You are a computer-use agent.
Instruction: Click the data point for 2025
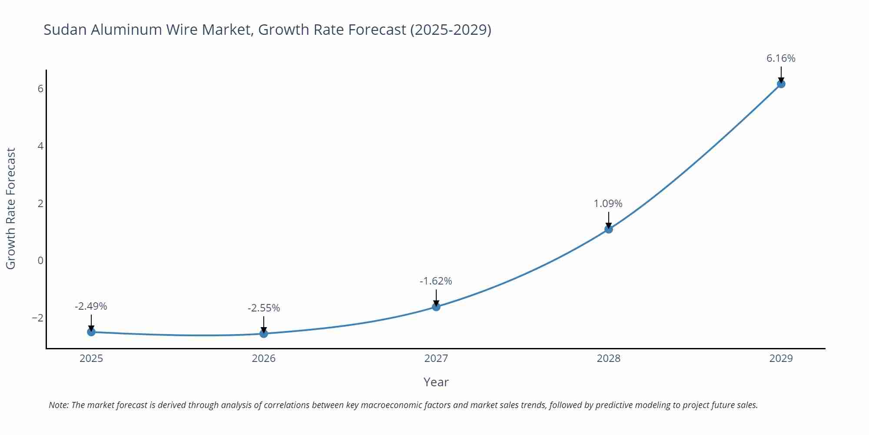pos(91,332)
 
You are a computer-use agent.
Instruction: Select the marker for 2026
pos(264,334)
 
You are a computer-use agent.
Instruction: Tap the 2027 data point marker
pos(436,307)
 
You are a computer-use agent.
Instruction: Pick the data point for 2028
pos(609,229)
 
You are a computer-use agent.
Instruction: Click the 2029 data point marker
pos(781,84)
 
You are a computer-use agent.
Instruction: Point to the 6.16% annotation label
pos(781,58)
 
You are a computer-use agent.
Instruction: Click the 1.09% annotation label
pos(608,204)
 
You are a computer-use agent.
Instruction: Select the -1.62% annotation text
pos(436,281)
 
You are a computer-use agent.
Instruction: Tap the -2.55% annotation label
pos(264,308)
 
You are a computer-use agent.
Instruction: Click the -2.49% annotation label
pos(91,306)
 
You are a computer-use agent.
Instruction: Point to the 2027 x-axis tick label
pos(436,358)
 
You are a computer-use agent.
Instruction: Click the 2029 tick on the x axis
pos(781,358)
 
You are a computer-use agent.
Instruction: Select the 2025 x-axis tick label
pos(91,358)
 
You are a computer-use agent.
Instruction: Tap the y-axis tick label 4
pos(41,146)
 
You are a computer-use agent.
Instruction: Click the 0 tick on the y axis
pos(41,261)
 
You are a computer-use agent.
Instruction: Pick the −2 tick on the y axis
pos(38,318)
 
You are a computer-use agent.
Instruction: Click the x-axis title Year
pos(436,382)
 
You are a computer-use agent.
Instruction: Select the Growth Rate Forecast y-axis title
pos(11,209)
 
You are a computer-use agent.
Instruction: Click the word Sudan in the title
pos(65,30)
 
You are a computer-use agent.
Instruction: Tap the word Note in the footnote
pos(58,405)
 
